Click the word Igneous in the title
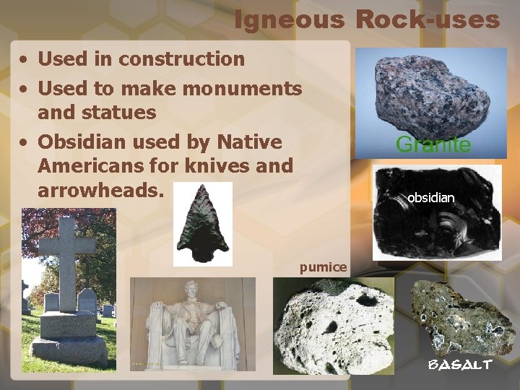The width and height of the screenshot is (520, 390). coord(289,20)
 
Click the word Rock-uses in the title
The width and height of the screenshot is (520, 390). coord(427,20)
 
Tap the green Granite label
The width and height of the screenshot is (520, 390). coord(433,144)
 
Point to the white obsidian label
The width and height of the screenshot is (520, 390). coord(430,197)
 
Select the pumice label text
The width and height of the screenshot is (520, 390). coord(323,267)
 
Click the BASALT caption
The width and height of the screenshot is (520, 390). coord(460,365)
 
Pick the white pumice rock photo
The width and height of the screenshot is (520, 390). coord(333,327)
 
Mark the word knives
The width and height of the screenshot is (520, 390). coord(214,166)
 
